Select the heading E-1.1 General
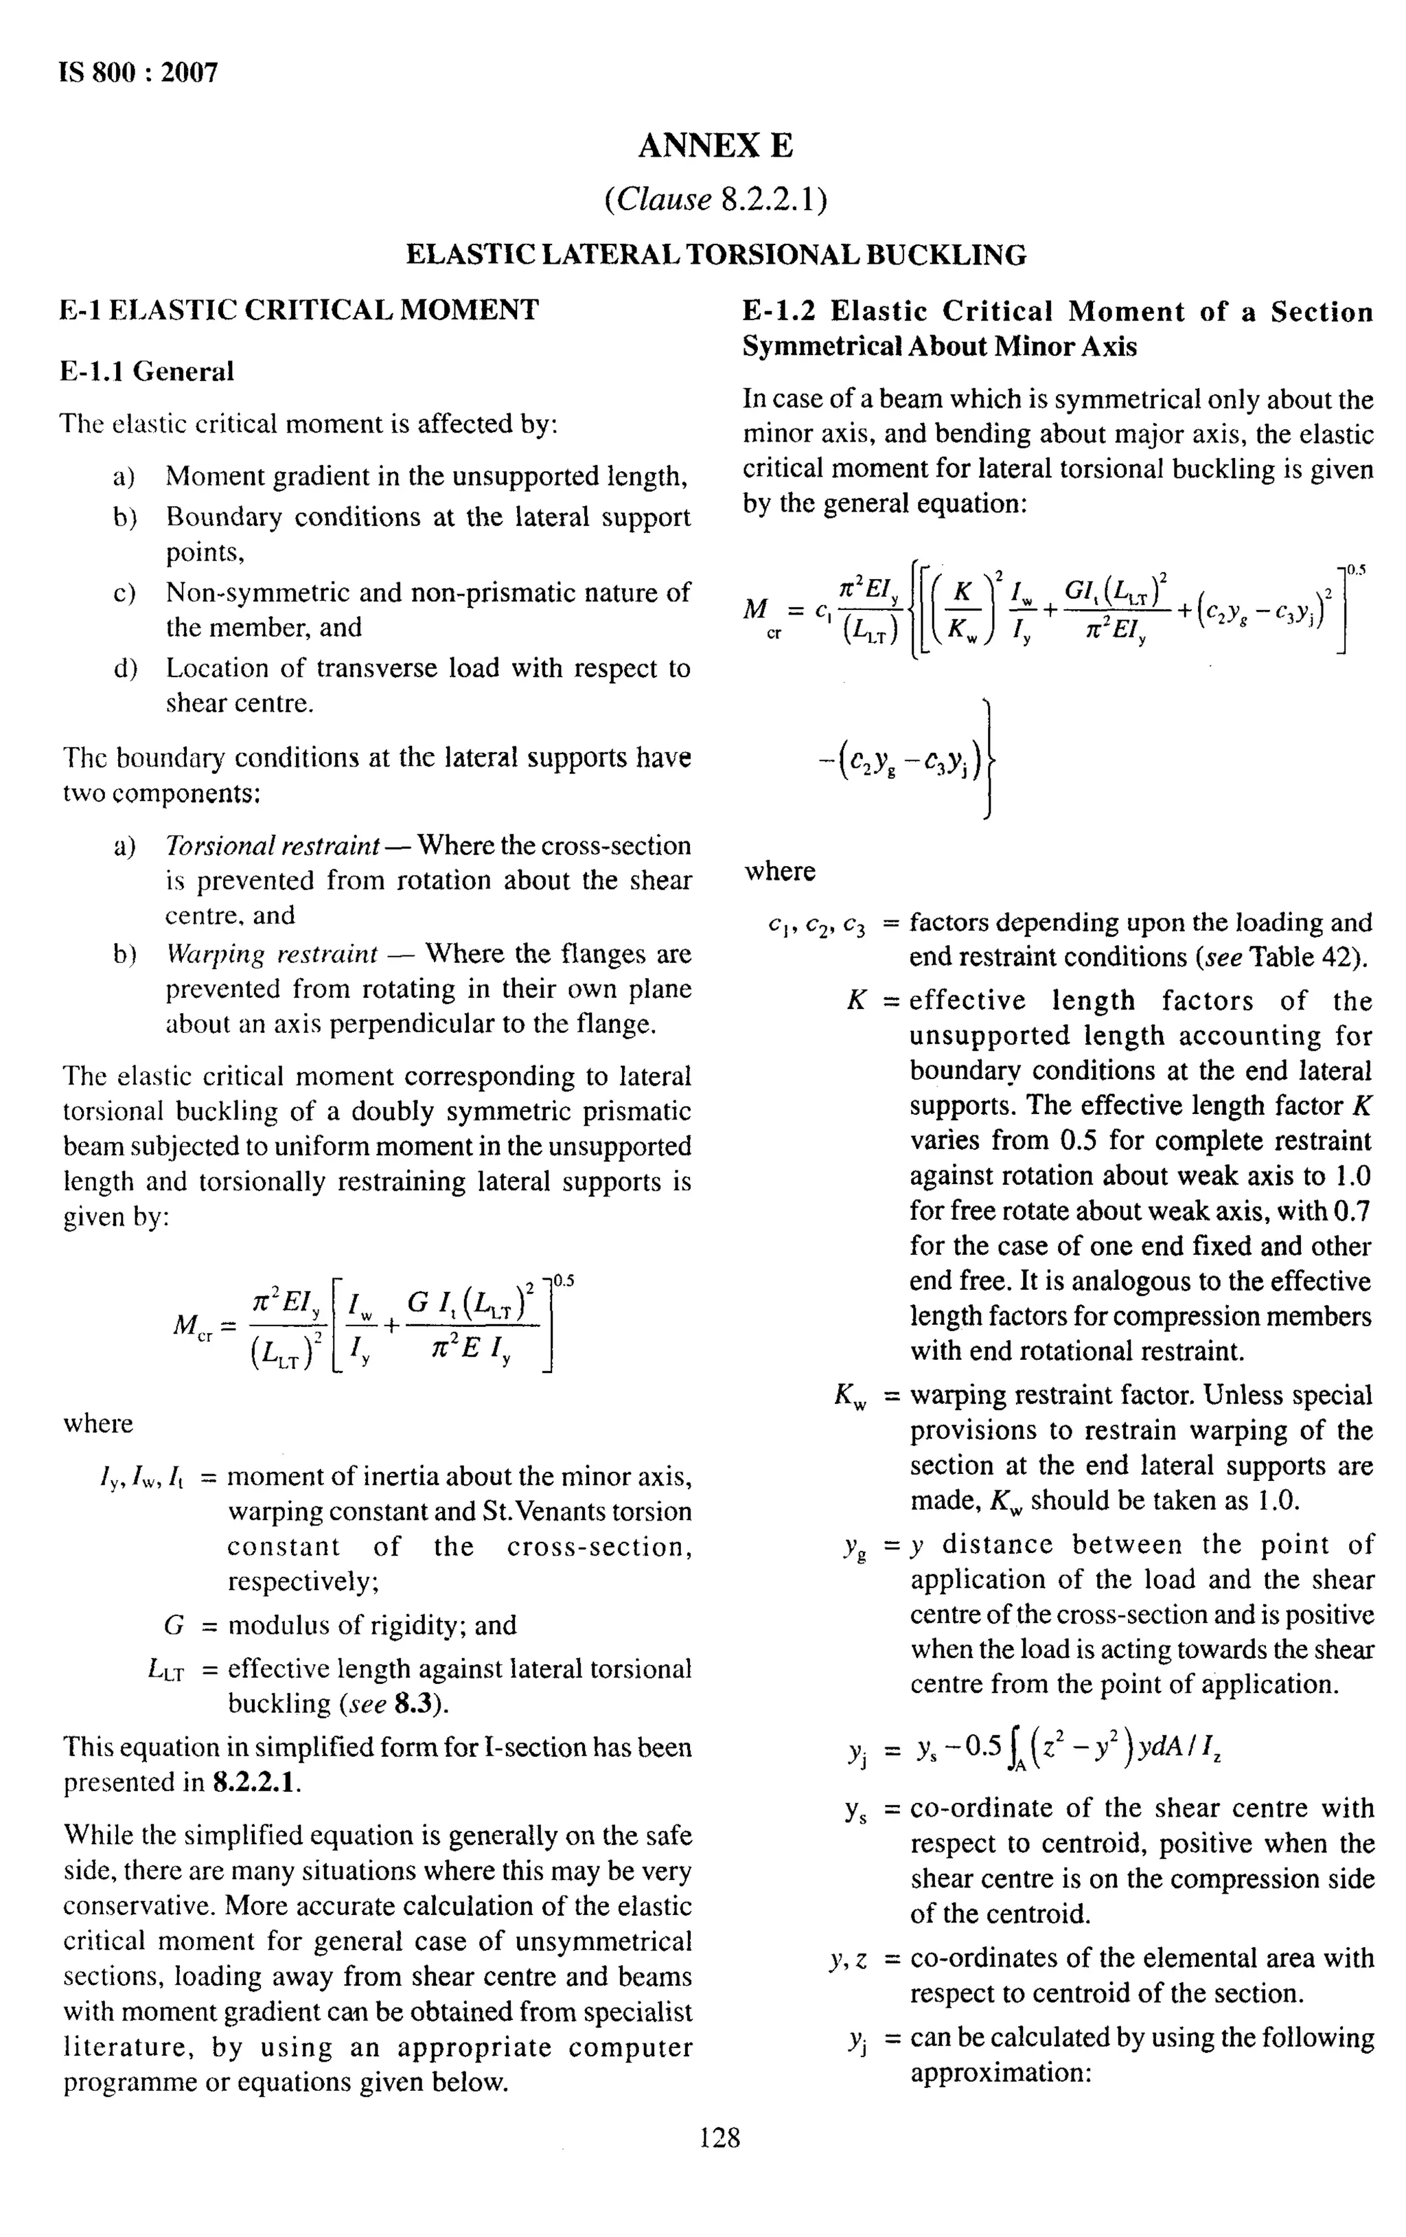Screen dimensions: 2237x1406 pos(147,372)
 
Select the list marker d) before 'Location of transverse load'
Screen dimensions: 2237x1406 pos(124,668)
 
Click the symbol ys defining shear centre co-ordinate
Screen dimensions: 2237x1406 pos(855,1810)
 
